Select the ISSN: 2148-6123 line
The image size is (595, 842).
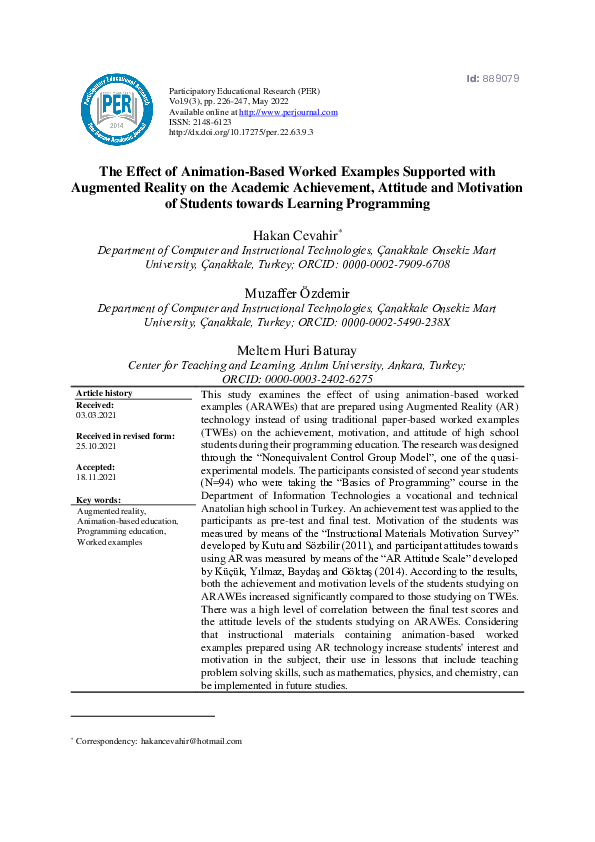[x=200, y=122]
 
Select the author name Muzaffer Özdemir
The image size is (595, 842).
[x=296, y=292]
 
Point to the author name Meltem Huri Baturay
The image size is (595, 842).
[x=297, y=350]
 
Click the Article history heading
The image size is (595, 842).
[x=104, y=394]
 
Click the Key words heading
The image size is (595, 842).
[x=98, y=499]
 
